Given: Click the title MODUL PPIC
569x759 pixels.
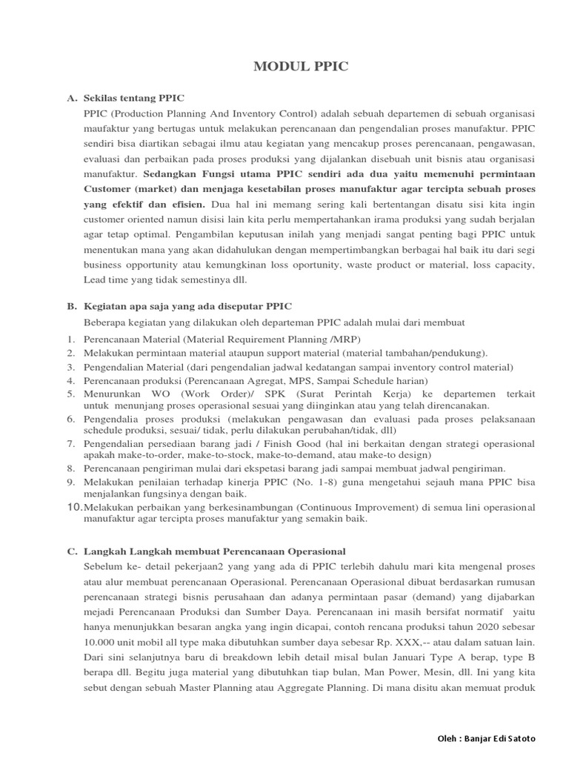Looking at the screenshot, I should pyautogui.click(x=301, y=67).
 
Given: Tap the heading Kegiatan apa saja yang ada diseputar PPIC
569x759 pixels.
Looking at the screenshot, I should pyautogui.click(x=188, y=306).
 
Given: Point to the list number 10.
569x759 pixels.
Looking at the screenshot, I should pyautogui.click(x=75, y=506).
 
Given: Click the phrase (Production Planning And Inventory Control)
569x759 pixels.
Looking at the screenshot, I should pyautogui.click(x=208, y=113).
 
